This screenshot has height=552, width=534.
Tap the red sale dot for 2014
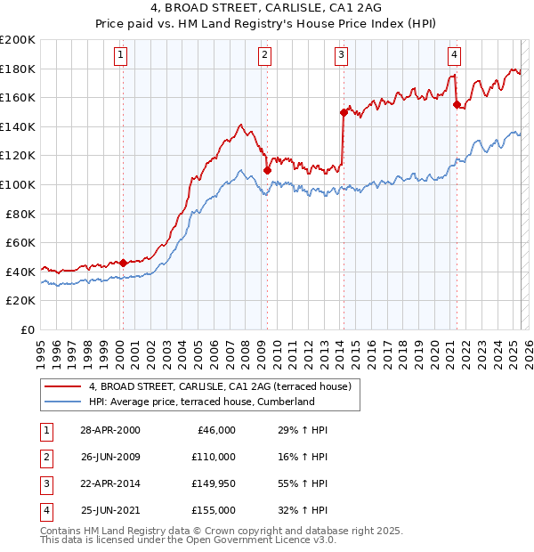343,112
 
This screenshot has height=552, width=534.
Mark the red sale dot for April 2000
123,263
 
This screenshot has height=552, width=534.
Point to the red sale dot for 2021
457,105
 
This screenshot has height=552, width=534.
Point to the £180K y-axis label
18,69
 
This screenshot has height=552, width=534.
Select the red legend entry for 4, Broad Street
221,386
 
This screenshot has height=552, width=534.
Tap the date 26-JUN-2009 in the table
110,457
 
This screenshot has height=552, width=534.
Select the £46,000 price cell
216,430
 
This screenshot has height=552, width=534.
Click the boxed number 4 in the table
44,510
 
